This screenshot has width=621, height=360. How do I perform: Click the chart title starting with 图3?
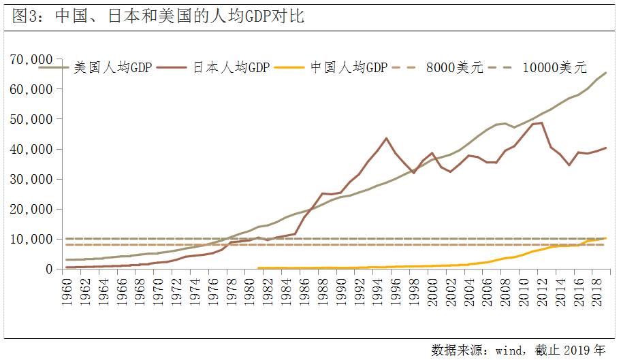coord(158,16)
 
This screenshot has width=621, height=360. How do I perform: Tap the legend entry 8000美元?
coord(454,67)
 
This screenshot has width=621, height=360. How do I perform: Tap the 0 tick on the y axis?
coord(48,269)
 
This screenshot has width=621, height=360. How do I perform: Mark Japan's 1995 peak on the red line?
coord(386,138)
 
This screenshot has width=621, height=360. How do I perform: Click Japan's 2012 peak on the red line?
coord(541,122)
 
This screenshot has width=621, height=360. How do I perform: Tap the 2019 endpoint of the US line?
coord(606,73)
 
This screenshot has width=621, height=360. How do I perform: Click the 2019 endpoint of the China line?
coord(606,238)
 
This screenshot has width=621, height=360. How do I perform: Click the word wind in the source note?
coord(509,350)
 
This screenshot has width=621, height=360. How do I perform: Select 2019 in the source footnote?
coord(577,350)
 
